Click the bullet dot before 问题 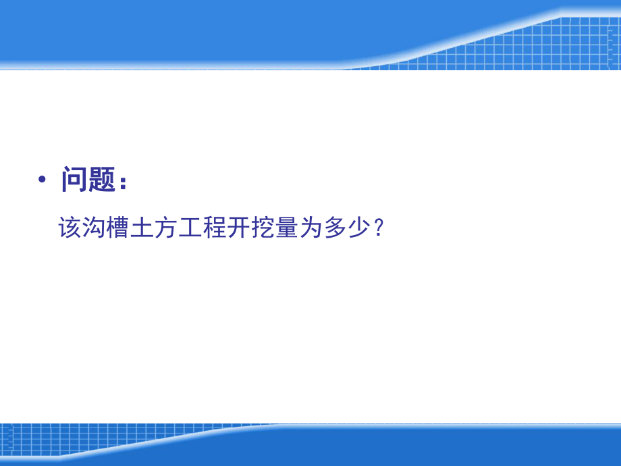coord(43,180)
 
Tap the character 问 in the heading coord(74,180)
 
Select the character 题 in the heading coord(102,180)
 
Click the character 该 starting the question coord(72,228)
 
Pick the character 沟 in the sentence coord(95,228)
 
